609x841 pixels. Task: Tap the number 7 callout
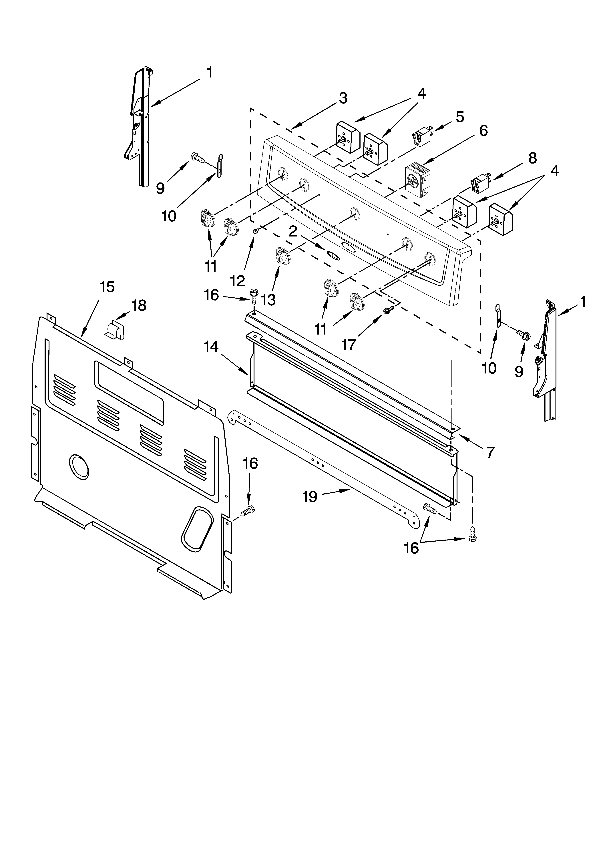coord(490,452)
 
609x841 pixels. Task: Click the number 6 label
coord(483,131)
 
